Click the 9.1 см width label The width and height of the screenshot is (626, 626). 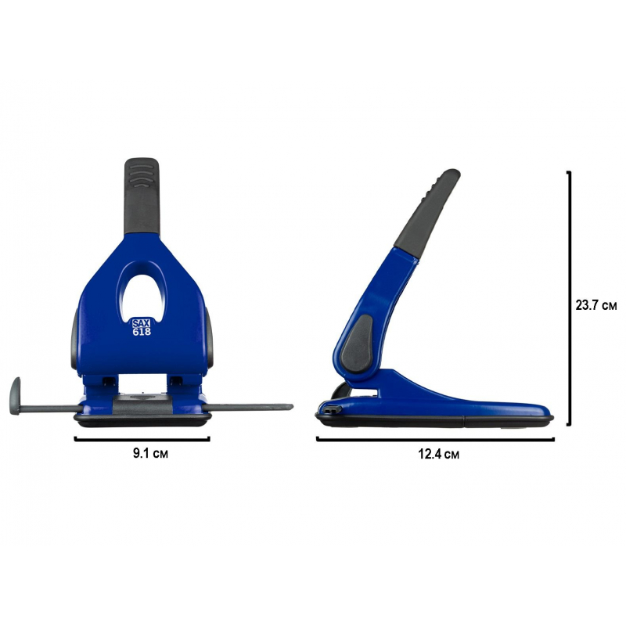pos(150,454)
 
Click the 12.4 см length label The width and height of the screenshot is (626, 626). pos(439,454)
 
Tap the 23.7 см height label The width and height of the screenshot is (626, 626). pos(596,305)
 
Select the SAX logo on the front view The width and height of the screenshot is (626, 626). pos(142,323)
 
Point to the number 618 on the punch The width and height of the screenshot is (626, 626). pos(142,331)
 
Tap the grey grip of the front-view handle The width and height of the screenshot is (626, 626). pos(142,196)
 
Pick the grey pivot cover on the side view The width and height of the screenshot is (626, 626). pos(358,344)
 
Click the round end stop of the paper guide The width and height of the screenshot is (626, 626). pos(15,396)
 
